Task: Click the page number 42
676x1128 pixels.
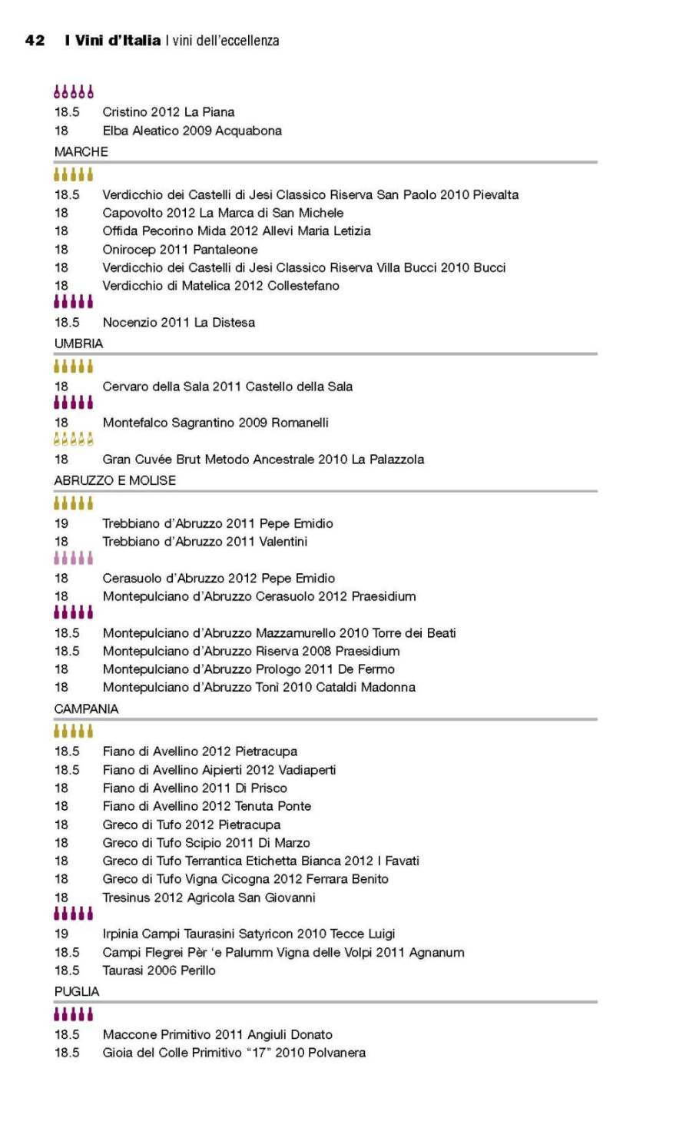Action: [35, 40]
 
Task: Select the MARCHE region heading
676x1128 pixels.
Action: [81, 151]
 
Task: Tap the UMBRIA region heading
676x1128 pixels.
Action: [78, 343]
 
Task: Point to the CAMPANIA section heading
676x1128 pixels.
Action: [86, 708]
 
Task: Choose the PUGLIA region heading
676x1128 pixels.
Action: [77, 991]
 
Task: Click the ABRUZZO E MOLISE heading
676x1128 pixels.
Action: [115, 480]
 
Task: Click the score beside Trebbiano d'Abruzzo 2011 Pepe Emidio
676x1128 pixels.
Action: [61, 523]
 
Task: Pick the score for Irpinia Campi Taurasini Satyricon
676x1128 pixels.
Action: [61, 934]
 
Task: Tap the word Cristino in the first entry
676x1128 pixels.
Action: [124, 112]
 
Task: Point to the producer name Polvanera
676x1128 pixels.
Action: [337, 1053]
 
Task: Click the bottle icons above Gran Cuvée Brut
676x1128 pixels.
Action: [74, 440]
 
